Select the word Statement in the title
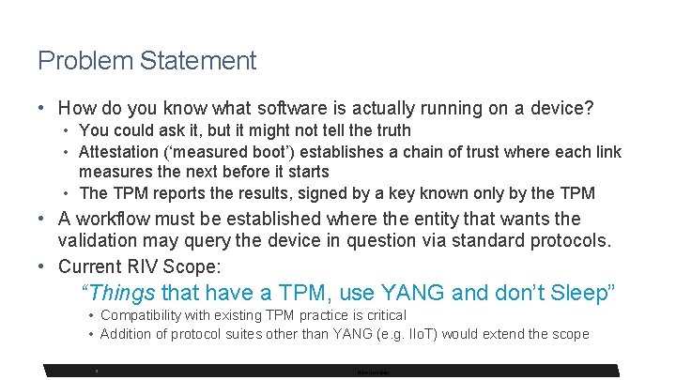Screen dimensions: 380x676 pyautogui.click(x=198, y=62)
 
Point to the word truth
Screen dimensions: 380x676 pyautogui.click(x=391, y=130)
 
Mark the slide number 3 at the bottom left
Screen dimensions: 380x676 pyautogui.click(x=97, y=371)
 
